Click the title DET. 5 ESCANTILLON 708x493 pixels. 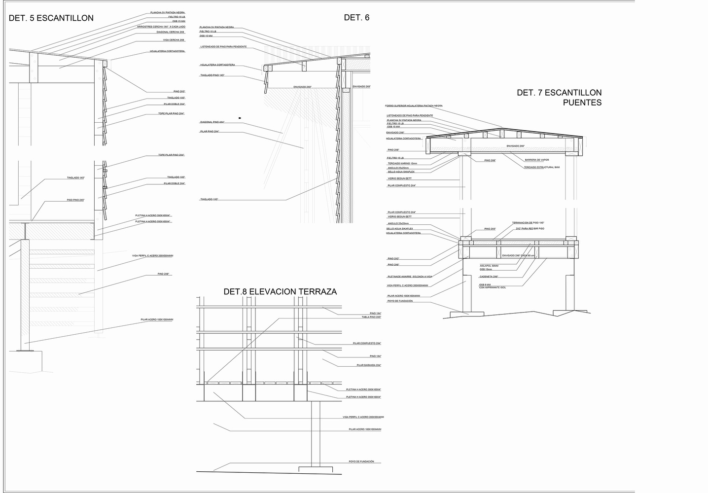click(x=51, y=18)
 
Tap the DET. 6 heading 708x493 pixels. click(x=356, y=18)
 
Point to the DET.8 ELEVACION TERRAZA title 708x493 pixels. click(x=280, y=291)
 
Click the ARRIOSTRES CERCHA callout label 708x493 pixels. click(x=161, y=27)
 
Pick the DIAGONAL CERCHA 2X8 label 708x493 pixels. click(x=170, y=32)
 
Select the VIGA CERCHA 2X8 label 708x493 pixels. click(x=174, y=40)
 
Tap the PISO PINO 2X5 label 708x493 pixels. click(x=75, y=200)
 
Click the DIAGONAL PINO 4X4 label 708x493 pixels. click(x=212, y=122)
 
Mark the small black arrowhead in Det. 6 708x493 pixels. click(x=240, y=118)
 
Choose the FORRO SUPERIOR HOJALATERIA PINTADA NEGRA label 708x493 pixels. click(x=414, y=106)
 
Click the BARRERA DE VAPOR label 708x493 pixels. click(x=536, y=160)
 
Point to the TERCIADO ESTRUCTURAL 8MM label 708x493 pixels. click(x=541, y=168)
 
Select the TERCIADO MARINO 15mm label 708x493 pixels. click(x=402, y=164)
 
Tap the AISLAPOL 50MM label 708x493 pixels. click(x=489, y=266)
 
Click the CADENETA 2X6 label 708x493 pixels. click(x=489, y=277)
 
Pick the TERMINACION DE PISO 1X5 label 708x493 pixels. click(x=528, y=223)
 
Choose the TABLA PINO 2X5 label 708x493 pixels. click(x=371, y=317)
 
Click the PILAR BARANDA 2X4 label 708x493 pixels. click(x=368, y=365)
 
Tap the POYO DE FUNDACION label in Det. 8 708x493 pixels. click(x=361, y=461)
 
